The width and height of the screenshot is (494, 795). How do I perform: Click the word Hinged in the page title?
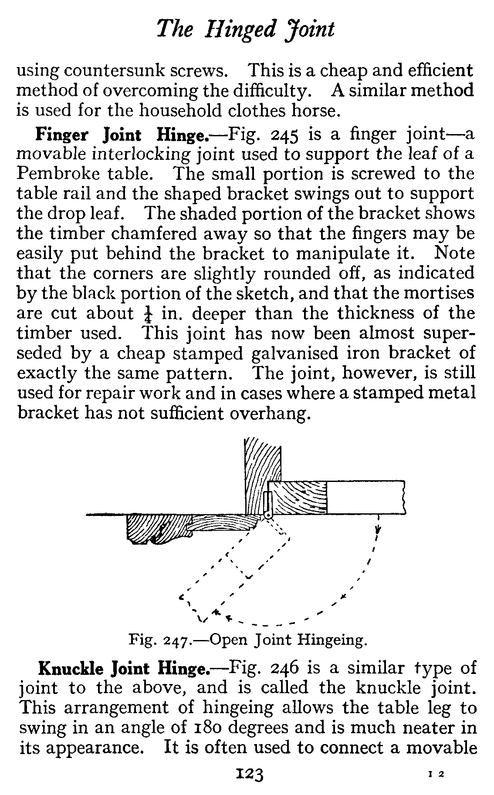[x=243, y=30]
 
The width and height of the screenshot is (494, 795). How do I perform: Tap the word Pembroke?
[x=57, y=174]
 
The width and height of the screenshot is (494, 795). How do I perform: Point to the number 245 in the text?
[x=284, y=135]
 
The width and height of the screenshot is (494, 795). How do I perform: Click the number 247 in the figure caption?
[x=176, y=641]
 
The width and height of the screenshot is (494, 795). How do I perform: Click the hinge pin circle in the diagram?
[x=268, y=515]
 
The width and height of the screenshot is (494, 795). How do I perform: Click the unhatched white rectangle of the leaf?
[x=365, y=497]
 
